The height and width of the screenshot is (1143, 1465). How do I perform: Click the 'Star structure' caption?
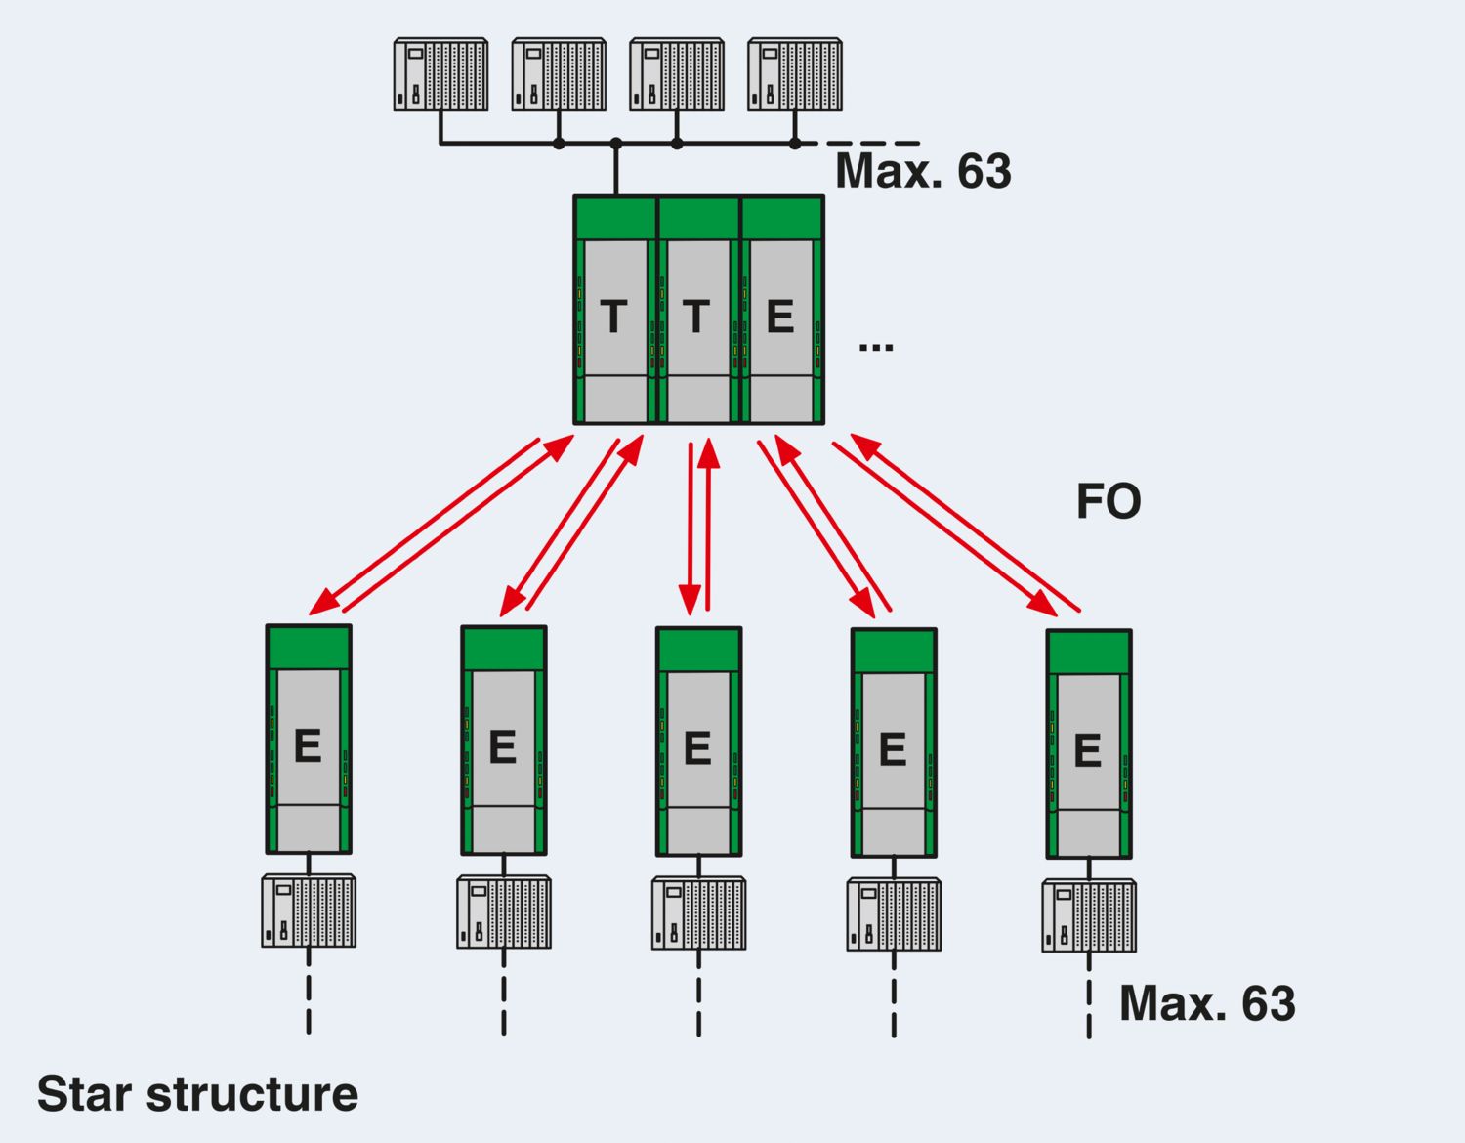coord(197,1094)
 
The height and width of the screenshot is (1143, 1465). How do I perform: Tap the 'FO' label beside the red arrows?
coord(1109,502)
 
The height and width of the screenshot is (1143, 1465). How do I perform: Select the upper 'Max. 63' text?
coord(923,171)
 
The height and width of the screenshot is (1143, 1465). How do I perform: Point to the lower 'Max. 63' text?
coord(1207,1003)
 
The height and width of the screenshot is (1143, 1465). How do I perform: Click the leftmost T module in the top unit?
coord(614,311)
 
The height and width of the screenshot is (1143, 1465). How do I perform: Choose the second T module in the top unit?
coord(697,311)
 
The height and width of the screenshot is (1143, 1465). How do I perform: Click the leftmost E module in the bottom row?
coord(309,740)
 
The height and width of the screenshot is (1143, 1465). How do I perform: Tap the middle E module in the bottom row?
coord(698,742)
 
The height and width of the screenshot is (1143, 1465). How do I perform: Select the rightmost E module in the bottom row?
coord(1089,744)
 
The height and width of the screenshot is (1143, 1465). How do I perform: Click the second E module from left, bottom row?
coord(504,741)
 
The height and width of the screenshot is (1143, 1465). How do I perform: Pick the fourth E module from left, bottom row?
coord(894,743)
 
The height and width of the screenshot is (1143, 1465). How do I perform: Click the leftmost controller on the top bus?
coord(440,74)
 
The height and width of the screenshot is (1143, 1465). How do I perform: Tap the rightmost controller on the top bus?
coord(795,74)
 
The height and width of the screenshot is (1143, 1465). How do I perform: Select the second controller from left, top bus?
coord(559,74)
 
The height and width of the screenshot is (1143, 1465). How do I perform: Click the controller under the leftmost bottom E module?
coord(309,910)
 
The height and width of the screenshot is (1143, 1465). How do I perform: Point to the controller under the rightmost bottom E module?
coord(1089,915)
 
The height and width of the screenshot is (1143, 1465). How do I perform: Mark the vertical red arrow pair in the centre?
coord(698,528)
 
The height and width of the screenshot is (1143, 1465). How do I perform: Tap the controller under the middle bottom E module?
coord(698,913)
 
